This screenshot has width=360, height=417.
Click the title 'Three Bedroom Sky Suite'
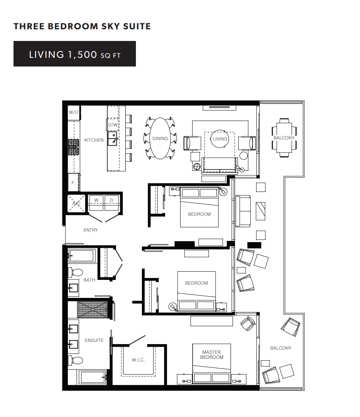coord(82,26)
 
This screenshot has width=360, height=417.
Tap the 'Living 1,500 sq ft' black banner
coord(75,54)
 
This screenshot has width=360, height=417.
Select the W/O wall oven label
coord(74,112)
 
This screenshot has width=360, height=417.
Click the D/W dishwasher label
coord(112,125)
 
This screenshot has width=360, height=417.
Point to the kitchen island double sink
coord(112,138)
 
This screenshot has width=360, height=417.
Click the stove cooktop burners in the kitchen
coord(74,147)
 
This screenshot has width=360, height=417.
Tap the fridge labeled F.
coord(74,183)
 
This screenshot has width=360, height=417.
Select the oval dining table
coord(160,138)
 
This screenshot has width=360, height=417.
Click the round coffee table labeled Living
coord(220,139)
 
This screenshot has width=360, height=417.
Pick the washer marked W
coord(96,203)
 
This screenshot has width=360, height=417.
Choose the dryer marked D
coord(111,203)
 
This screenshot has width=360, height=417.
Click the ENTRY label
coord(90,230)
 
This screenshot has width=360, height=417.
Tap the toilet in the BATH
coord(76,272)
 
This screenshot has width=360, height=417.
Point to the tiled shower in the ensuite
coord(92,310)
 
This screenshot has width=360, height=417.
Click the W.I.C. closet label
coord(138,360)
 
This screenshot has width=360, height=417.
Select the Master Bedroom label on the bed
coord(212,355)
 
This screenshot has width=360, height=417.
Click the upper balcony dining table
coord(284,138)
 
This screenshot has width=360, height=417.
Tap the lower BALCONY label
coord(280,348)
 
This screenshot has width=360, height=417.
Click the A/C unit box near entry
coord(76,204)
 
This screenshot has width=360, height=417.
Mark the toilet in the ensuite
coord(76,361)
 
